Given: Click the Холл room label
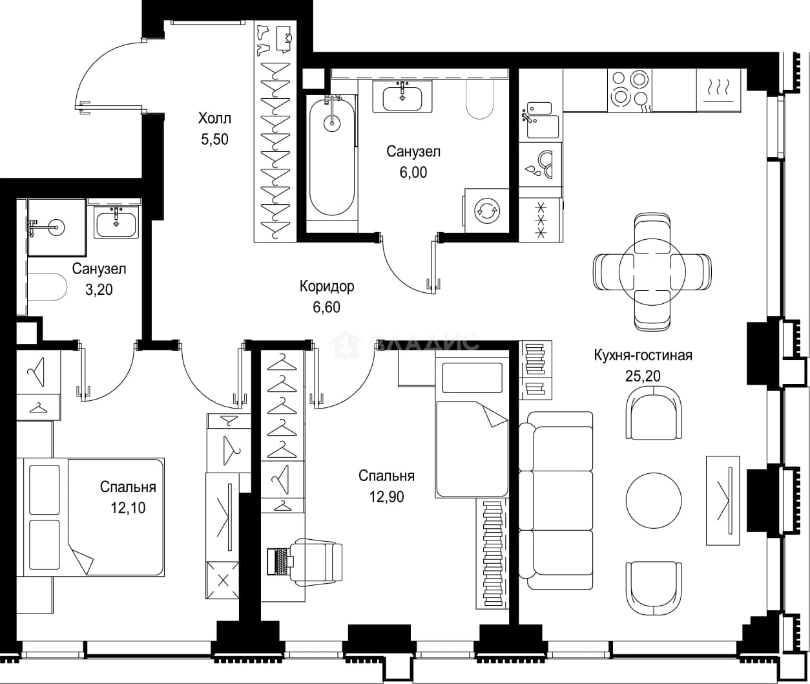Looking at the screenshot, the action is tap(214, 118).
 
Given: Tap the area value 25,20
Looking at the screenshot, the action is tap(643, 376).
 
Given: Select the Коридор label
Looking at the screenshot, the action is tap(327, 286).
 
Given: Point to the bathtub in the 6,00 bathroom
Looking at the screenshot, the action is tap(331, 155).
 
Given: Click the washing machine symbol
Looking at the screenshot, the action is tap(487, 211).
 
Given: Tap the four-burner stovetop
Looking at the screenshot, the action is tap(629, 91).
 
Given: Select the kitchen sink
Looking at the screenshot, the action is tap(543, 120).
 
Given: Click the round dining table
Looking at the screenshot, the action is tap(652, 271).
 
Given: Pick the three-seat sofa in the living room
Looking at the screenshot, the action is tap(556, 500).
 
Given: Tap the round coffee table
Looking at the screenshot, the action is tap(654, 500).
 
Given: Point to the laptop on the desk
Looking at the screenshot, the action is tap(279, 561).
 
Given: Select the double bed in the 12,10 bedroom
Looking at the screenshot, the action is tap(94, 517).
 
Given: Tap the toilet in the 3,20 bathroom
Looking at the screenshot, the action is tap(47, 286).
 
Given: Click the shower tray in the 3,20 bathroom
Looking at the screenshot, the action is tap(56, 227).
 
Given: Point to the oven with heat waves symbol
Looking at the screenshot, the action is tap(718, 91).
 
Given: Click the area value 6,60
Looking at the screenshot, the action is tap(327, 307).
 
